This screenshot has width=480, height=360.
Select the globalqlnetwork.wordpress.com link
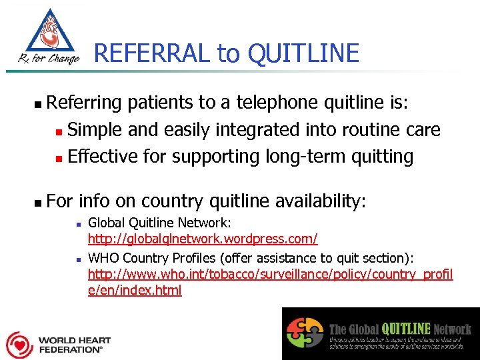203,238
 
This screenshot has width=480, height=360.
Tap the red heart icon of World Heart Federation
19,344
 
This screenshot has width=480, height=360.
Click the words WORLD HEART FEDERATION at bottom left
73,344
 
